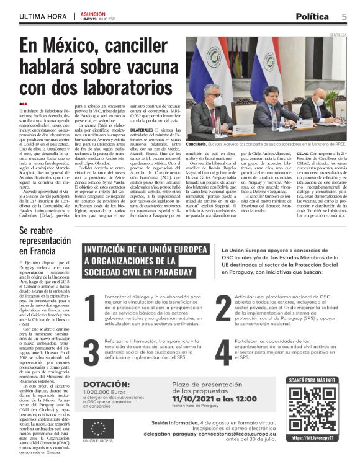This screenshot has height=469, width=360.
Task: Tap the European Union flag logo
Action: (97, 429)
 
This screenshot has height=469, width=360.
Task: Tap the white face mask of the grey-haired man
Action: (217, 101)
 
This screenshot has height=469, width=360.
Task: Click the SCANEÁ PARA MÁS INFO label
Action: (312, 380)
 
